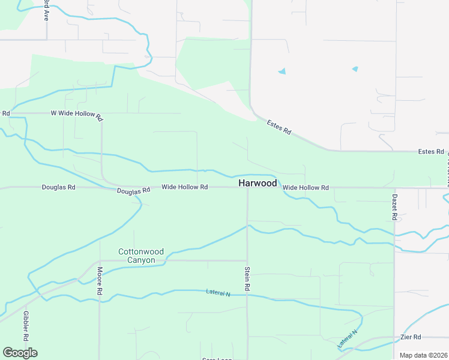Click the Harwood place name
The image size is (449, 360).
pyautogui.click(x=258, y=183)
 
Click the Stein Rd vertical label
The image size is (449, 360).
pyautogui.click(x=247, y=279)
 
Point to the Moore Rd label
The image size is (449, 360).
pyautogui.click(x=100, y=281)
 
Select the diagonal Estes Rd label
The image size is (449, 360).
pyautogui.click(x=279, y=127)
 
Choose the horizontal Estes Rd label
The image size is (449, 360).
pyautogui.click(x=430, y=152)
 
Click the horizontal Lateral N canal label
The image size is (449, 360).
pyautogui.click(x=218, y=293)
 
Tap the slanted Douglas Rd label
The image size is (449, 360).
pyautogui.click(x=133, y=191)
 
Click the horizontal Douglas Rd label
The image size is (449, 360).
pyautogui.click(x=58, y=187)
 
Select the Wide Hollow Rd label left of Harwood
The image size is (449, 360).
pyautogui.click(x=184, y=187)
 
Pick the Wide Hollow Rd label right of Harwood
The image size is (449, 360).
pyautogui.click(x=306, y=188)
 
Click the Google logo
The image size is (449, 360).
pyautogui.click(x=20, y=352)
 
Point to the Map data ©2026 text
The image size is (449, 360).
pyautogui.click(x=423, y=355)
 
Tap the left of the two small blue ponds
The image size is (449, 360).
pyautogui.click(x=282, y=71)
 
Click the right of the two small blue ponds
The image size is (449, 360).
pyautogui.click(x=355, y=69)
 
